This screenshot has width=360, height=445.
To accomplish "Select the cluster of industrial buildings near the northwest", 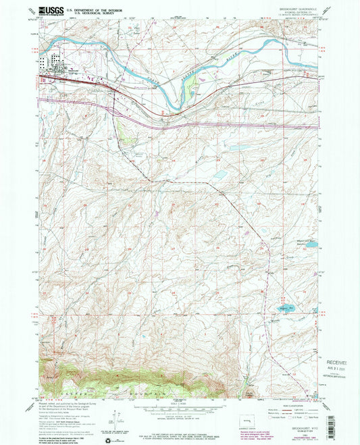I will (x=51, y=63).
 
